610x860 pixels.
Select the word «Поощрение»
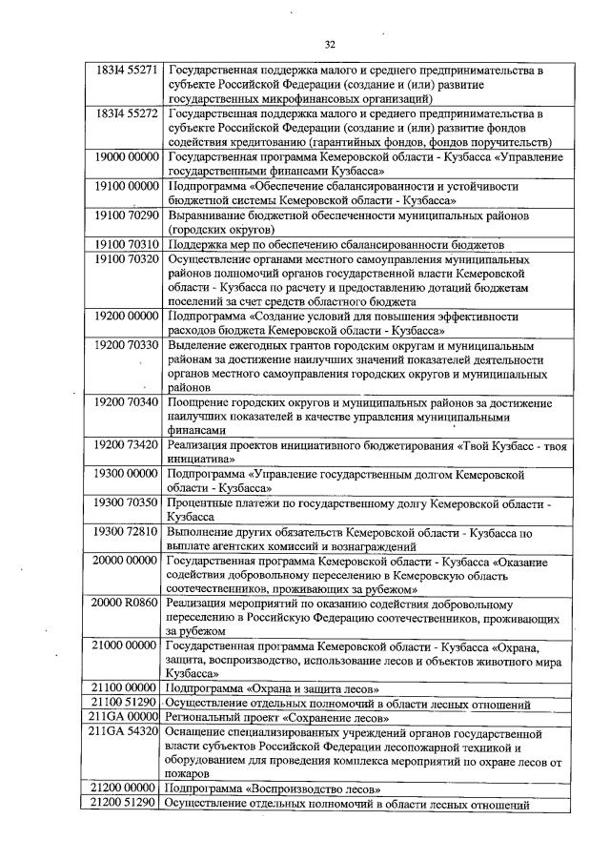(199, 402)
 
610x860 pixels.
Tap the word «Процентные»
(201, 502)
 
